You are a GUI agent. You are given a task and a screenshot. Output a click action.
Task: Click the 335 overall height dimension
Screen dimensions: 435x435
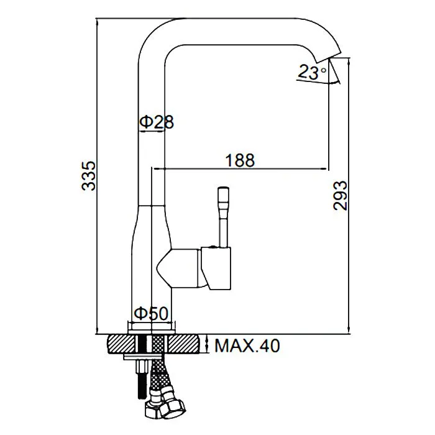(x=89, y=176)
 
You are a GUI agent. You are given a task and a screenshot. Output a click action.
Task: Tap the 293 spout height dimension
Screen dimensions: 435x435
(x=340, y=196)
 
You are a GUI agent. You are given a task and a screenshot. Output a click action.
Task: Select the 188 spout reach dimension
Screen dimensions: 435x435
(x=240, y=160)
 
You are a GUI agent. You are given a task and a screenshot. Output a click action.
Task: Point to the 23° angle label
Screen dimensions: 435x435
(x=312, y=72)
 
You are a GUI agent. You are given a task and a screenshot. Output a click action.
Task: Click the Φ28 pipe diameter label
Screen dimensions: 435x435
(x=157, y=122)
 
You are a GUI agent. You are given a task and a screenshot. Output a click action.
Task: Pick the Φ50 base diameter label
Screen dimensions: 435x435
(x=151, y=313)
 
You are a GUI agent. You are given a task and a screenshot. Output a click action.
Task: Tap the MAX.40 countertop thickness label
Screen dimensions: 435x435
(x=247, y=346)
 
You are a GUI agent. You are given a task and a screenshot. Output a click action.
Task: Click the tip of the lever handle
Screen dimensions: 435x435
(x=224, y=189)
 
